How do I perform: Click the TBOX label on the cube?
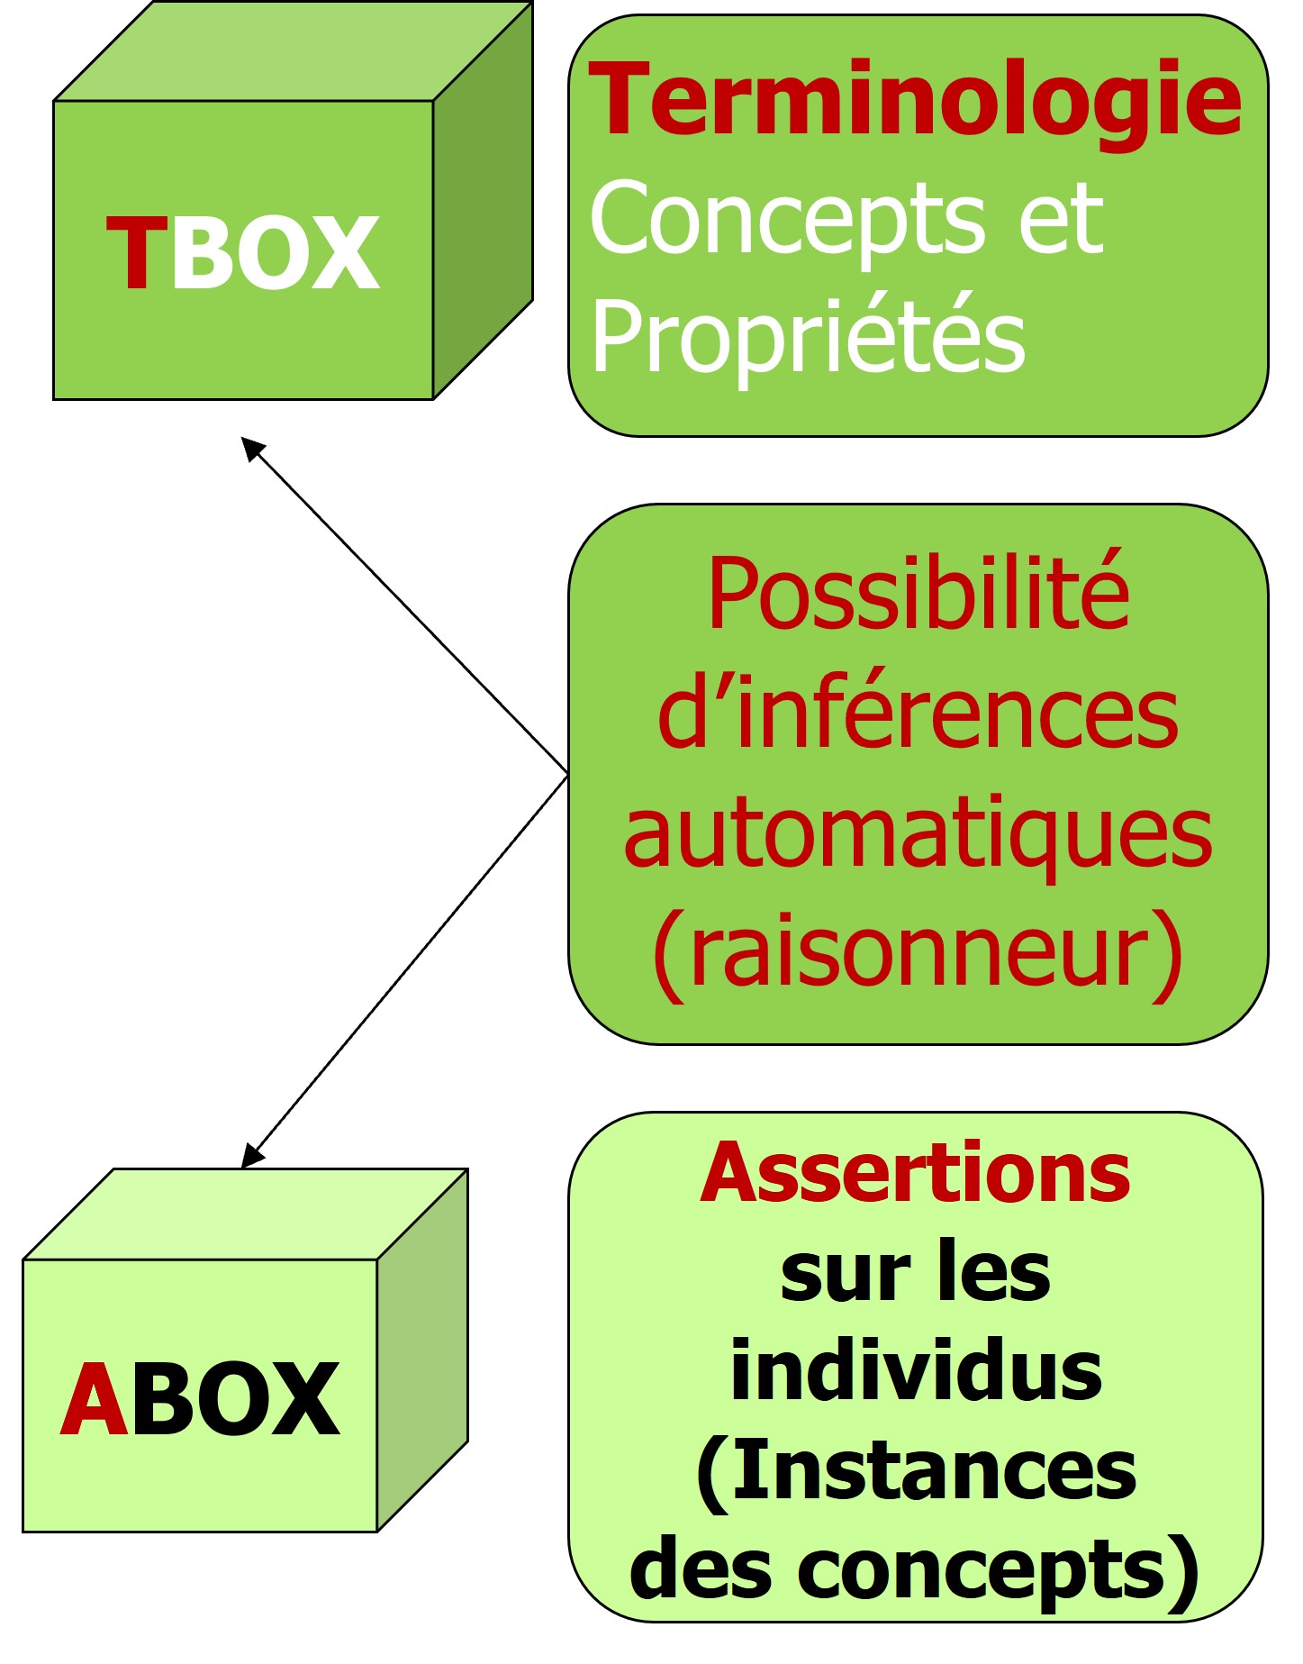tap(243, 254)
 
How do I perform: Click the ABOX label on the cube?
tap(200, 1399)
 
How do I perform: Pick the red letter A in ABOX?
tap(94, 1399)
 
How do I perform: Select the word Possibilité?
tap(918, 595)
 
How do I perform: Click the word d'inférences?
tap(918, 714)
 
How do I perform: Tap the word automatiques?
tap(918, 835)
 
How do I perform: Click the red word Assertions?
tap(915, 1173)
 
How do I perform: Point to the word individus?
tap(916, 1370)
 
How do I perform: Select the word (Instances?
tap(916, 1470)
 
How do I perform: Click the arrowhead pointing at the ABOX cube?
tap(251, 1157)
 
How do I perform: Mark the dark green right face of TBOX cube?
tap(483, 225)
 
